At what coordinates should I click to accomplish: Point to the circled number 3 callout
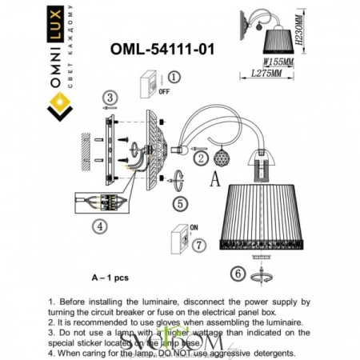tap(109, 98)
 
